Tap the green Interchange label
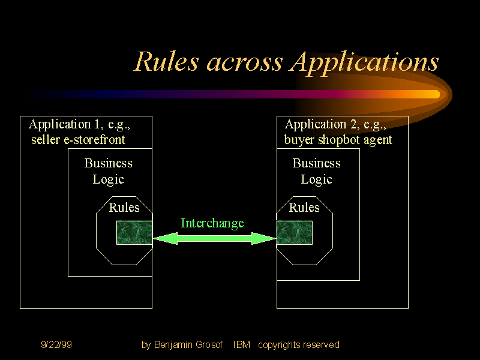[x=212, y=223]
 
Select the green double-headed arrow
[x=214, y=239]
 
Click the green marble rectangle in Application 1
[x=134, y=233]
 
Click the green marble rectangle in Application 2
[x=295, y=233]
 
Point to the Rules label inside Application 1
[x=124, y=208]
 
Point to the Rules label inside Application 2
[x=304, y=208]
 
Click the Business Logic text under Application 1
[x=109, y=171]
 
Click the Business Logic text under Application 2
[x=316, y=171]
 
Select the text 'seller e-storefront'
[x=78, y=140]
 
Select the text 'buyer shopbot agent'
[x=338, y=140]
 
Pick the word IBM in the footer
[x=241, y=344]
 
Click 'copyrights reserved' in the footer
[x=298, y=344]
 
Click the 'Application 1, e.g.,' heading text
[x=79, y=125]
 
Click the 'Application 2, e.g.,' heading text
[x=335, y=125]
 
